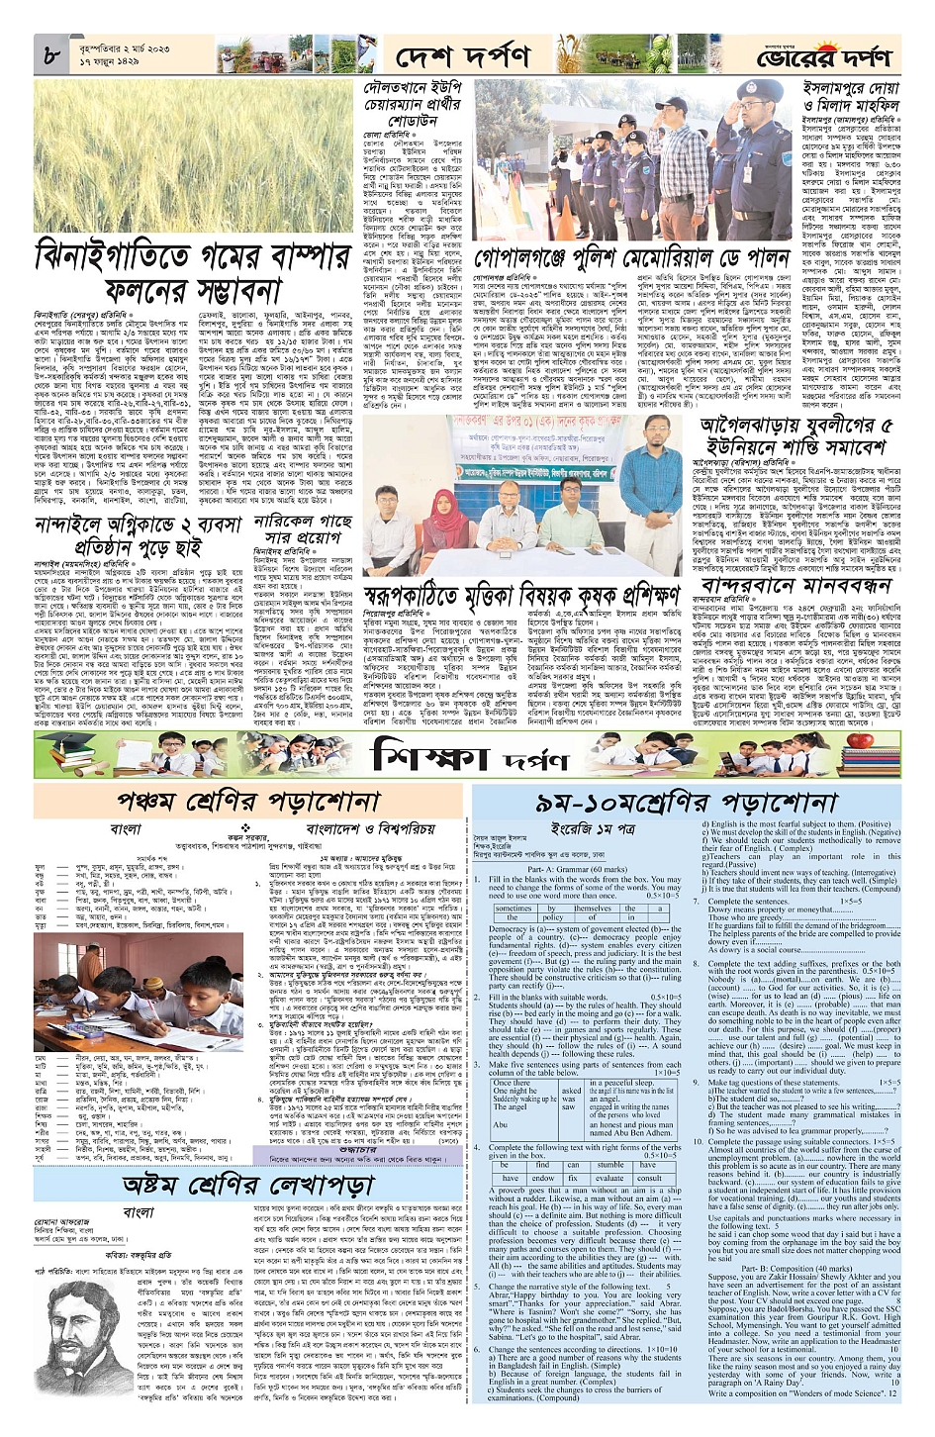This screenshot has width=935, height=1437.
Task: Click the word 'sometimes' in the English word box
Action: pyautogui.click(x=514, y=908)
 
